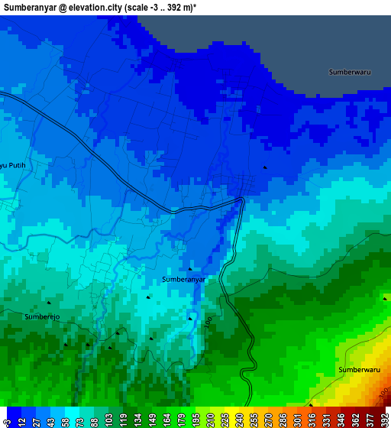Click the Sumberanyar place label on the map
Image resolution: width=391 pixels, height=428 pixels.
coord(184,280)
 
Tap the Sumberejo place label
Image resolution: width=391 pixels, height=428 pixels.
coord(41,316)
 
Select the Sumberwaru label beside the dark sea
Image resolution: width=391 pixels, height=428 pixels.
coord(349,72)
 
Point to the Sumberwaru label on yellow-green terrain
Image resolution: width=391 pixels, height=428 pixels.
coord(359,370)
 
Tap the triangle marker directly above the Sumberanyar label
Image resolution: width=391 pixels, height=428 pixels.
coord(189,269)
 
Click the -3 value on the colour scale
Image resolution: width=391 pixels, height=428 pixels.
coord(7,420)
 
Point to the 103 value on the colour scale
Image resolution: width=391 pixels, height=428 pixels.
coord(111,420)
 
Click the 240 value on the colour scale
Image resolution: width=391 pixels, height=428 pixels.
coord(240,420)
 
